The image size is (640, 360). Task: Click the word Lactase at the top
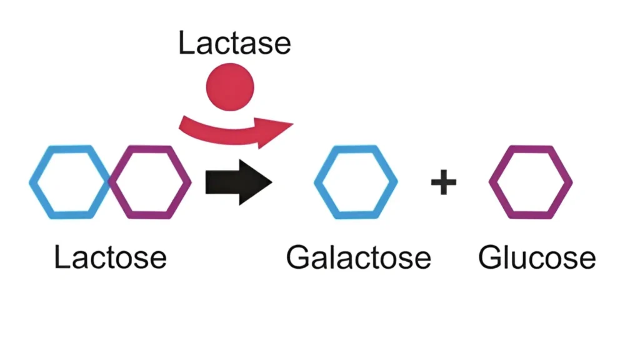[x=234, y=44]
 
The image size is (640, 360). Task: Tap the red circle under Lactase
[x=230, y=83]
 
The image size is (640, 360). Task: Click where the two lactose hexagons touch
[x=110, y=182]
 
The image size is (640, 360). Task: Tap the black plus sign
[x=443, y=182]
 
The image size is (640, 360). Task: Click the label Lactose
[x=110, y=257]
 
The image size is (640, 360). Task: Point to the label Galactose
[x=358, y=257]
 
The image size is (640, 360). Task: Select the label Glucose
[x=537, y=257]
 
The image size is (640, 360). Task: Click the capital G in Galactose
[x=299, y=257]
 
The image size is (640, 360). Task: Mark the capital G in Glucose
[x=491, y=257]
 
